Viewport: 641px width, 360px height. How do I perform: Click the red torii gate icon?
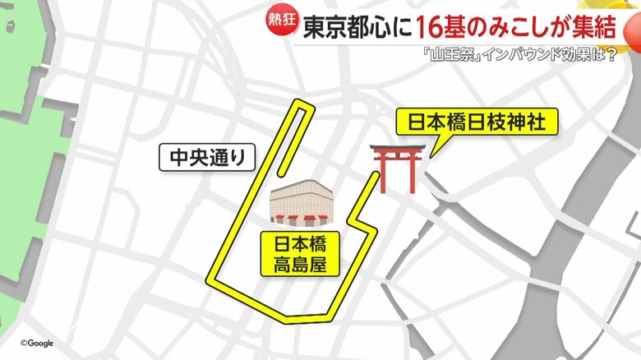(x=398, y=168)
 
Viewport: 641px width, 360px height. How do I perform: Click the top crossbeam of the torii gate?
(x=398, y=149)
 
